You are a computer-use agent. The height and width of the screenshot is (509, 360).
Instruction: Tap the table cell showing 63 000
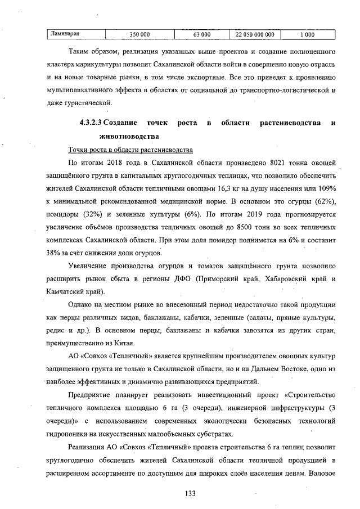point(201,34)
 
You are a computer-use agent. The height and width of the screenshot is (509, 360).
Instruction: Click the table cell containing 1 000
point(307,34)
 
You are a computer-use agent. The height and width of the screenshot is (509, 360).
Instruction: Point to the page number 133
point(190,493)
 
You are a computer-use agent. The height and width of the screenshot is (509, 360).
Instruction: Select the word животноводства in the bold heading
point(128,136)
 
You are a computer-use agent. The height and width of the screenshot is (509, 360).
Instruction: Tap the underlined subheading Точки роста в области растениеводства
point(130,150)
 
